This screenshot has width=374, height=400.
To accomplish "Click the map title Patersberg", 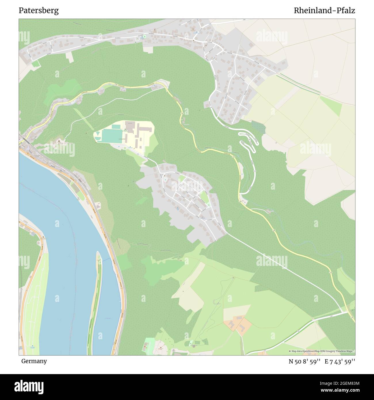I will (x=39, y=11).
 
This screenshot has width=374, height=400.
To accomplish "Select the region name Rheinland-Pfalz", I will (x=324, y=11).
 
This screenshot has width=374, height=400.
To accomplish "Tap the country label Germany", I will (x=34, y=361).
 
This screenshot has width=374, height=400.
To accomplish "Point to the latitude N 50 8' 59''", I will (x=305, y=361).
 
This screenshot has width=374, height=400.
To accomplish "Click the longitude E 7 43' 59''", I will (x=340, y=361).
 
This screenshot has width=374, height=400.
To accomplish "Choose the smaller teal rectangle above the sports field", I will (x=116, y=127).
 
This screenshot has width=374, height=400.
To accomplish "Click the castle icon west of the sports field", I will (x=59, y=141).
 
